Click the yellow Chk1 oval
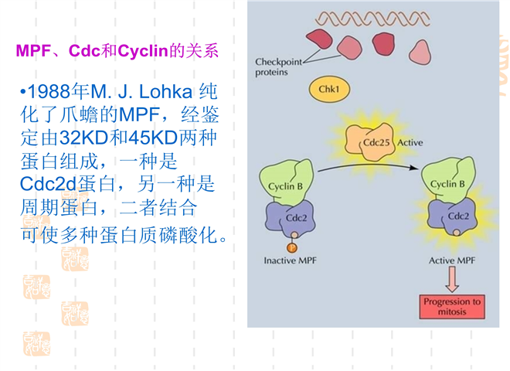pyautogui.click(x=329, y=89)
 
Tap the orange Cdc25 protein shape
pyautogui.click(x=369, y=142)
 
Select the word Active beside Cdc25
pyautogui.click(x=410, y=142)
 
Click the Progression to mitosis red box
pyautogui.click(x=452, y=307)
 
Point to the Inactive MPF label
pyautogui.click(x=290, y=260)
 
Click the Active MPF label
pyautogui.click(x=452, y=260)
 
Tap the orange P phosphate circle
pyautogui.click(x=292, y=248)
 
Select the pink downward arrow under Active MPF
pyautogui.click(x=452, y=279)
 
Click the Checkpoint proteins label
pyautogui.click(x=278, y=66)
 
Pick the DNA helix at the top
pyautogui.click(x=372, y=19)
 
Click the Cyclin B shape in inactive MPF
pyautogui.click(x=286, y=182)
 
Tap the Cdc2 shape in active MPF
pyautogui.click(x=452, y=216)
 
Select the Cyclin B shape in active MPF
pyautogui.click(x=448, y=180)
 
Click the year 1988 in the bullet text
pyautogui.click(x=49, y=92)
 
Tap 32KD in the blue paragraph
pyautogui.click(x=83, y=138)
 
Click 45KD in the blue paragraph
pyautogui.click(x=153, y=138)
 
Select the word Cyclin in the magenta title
pyautogui.click(x=143, y=51)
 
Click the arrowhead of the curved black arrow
pyautogui.click(x=414, y=168)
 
